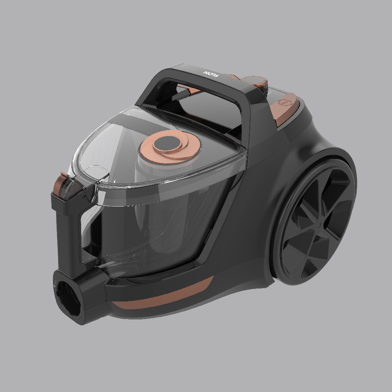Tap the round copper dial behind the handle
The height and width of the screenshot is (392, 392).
(254, 81)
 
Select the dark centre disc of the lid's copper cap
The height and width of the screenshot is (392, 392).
(167, 144)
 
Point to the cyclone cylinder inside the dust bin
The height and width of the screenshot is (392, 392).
(157, 204)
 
